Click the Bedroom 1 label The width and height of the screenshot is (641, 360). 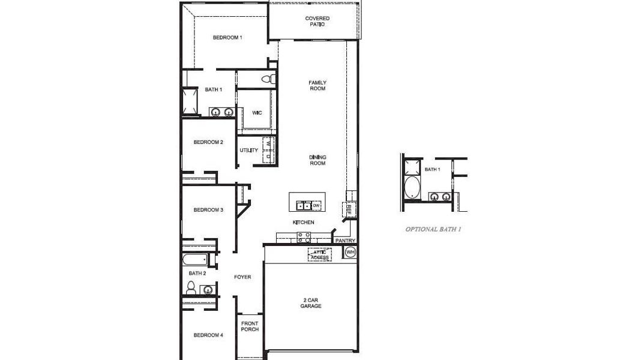coord(227,37)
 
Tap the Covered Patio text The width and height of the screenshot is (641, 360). coord(317,22)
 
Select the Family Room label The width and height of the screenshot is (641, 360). coord(317,85)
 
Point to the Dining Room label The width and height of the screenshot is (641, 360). coord(317,160)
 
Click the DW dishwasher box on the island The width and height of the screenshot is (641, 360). coord(316,206)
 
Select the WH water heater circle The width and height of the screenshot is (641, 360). coord(350,252)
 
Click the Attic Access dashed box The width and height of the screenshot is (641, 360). coord(319,254)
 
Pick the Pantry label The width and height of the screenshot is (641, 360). coord(345,241)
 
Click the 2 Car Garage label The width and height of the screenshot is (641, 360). coord(311,302)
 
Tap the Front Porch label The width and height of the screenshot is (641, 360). coord(250,327)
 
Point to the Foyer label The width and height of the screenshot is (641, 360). coord(242,277)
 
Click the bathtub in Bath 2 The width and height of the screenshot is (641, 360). coord(195,260)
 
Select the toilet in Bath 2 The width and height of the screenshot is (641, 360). coord(191,289)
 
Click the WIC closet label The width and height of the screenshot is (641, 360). coord(256,112)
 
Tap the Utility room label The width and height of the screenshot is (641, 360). coord(249,150)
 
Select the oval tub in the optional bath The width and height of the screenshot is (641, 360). coord(412,188)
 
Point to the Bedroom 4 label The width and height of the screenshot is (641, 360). coord(208,335)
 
